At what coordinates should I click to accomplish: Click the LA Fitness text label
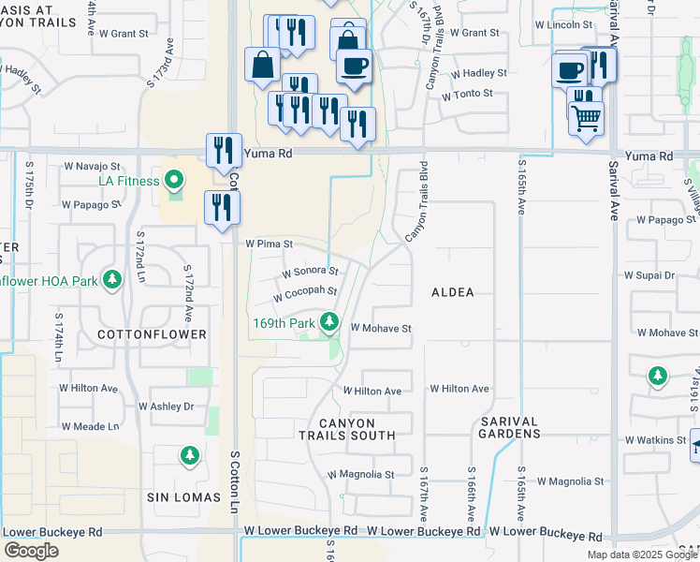point(130,180)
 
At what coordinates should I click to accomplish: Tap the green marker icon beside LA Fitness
point(174,179)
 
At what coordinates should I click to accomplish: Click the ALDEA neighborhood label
point(452,293)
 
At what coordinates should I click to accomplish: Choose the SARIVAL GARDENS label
point(509,428)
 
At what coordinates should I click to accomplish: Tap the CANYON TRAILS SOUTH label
point(347,428)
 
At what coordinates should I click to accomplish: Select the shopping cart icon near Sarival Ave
point(586,118)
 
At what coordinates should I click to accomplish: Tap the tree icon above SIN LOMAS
point(189,455)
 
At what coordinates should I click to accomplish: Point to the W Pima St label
point(270,244)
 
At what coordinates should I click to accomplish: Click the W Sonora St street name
point(310,272)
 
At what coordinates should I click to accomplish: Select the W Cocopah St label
point(304,293)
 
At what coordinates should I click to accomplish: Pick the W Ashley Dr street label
point(166,407)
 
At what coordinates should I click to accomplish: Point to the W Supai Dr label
point(649,276)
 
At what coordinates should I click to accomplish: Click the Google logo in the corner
point(31,551)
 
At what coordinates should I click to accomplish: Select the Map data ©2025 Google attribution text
point(641,555)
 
